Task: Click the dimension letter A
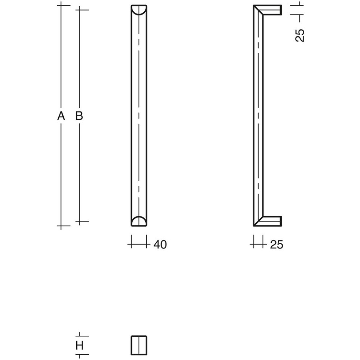coord(61,116)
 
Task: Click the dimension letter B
coord(79,116)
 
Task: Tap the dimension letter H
coord(79,345)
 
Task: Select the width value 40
coord(160,245)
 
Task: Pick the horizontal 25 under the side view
coord(277,245)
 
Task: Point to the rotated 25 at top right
coord(300,35)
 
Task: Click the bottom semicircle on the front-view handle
coord(139,221)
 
